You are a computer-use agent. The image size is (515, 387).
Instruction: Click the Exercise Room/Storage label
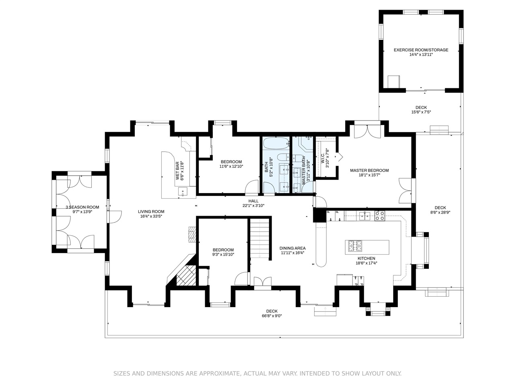coord(421,50)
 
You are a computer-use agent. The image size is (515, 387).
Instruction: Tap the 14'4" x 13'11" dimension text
coord(421,55)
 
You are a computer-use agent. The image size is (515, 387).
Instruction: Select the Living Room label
coord(151,212)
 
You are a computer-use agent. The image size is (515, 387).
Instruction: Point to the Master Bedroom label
coord(369,171)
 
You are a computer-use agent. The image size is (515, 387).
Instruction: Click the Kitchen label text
coord(366,258)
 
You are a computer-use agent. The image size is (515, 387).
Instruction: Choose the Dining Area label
coord(293,248)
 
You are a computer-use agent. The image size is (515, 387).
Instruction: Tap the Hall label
coord(253,201)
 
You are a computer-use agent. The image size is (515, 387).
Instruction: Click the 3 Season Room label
coord(82,207)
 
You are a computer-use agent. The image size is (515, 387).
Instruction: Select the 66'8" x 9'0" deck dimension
coord(272,316)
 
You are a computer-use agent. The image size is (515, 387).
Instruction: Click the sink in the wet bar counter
coord(183,191)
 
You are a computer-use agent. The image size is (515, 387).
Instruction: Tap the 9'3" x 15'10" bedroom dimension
coord(223,254)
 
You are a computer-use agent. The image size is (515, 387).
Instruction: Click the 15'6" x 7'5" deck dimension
coord(421,112)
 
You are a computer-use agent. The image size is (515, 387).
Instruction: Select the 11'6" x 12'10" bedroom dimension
coord(231,166)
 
